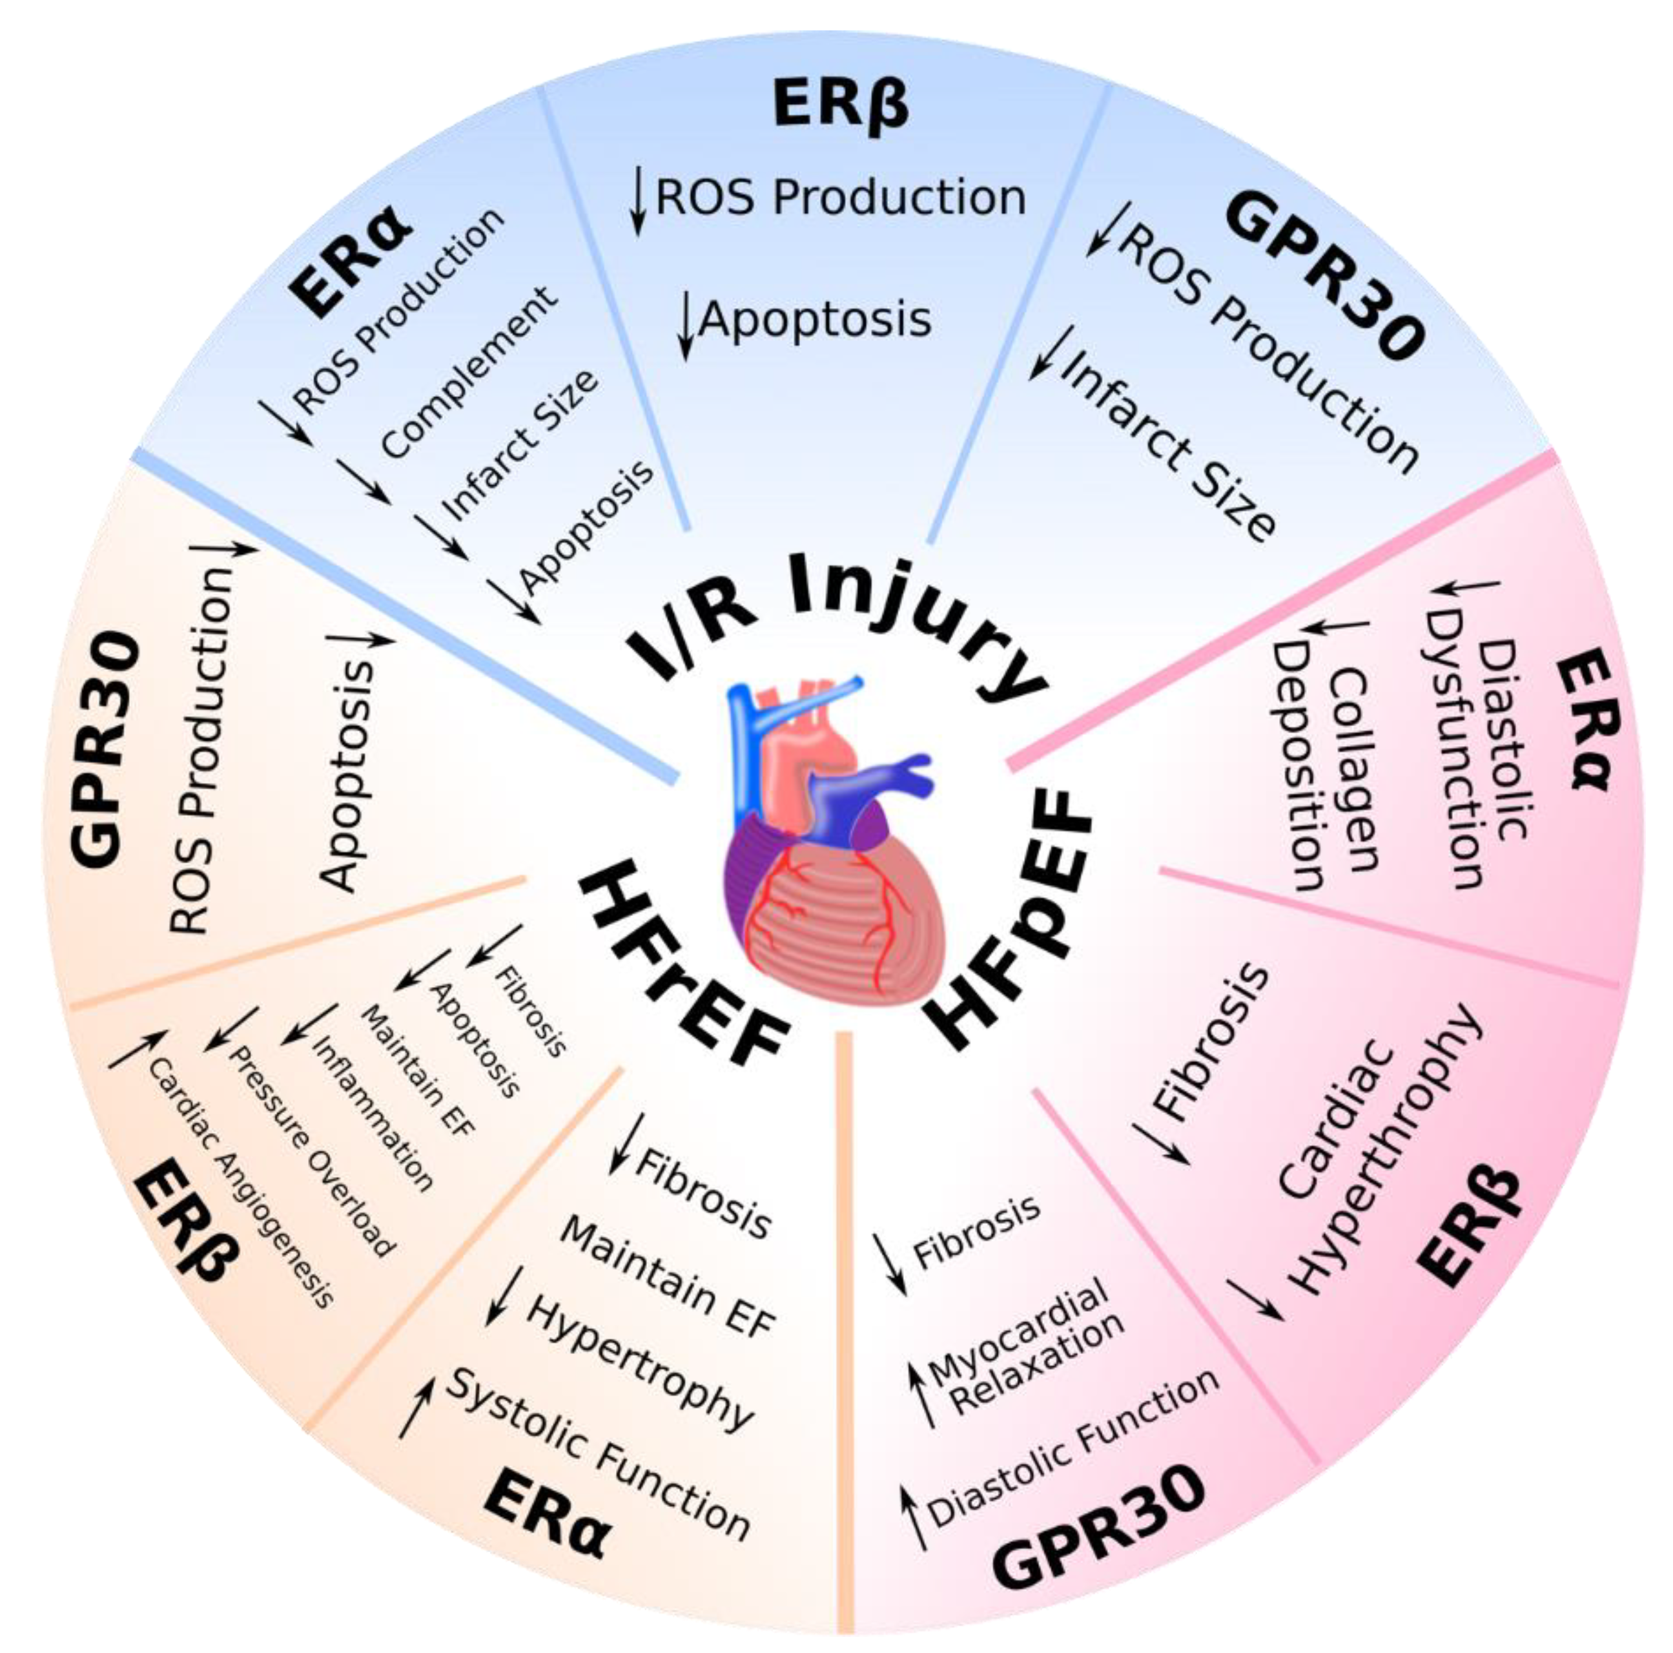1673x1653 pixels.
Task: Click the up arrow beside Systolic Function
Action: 416,1408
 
